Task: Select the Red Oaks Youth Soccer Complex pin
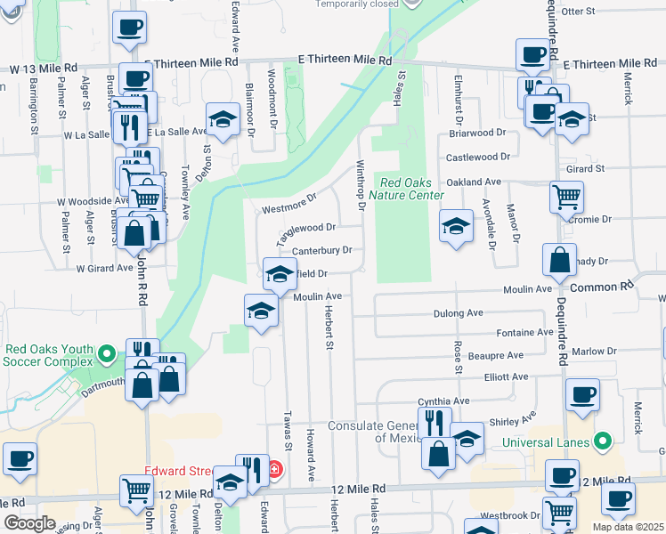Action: [107, 355]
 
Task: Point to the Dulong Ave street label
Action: [458, 313]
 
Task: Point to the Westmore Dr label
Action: [290, 204]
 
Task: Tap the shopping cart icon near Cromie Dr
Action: [566, 197]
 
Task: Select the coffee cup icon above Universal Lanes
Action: [582, 394]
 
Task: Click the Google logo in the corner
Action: [30, 523]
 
